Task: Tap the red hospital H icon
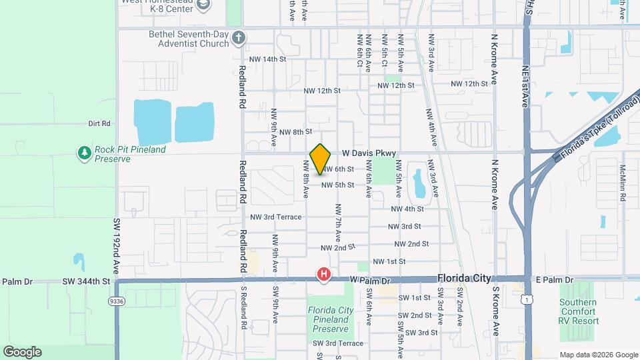(324, 274)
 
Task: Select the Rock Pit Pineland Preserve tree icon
(84, 154)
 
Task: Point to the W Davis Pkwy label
(369, 153)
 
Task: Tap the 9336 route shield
(116, 301)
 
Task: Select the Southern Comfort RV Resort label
(578, 311)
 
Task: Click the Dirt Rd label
(99, 123)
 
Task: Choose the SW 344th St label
(87, 281)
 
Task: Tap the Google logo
(22, 352)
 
